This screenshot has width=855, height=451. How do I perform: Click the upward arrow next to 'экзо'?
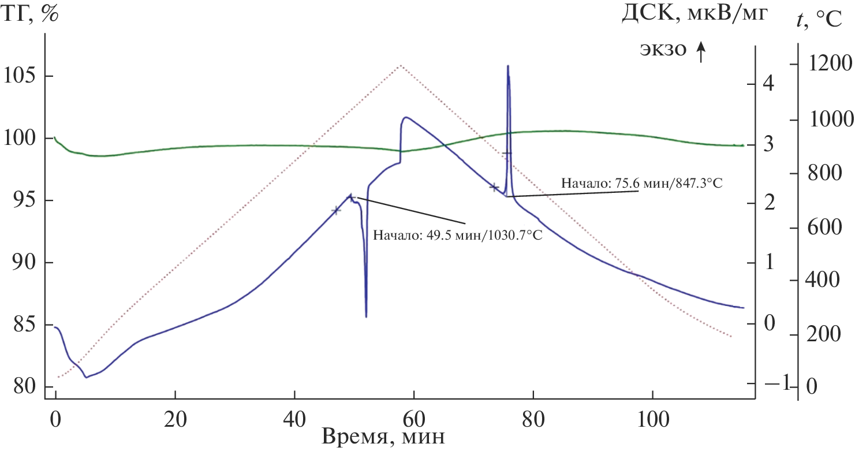click(x=701, y=53)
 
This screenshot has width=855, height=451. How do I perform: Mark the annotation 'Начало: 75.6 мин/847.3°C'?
click(x=641, y=184)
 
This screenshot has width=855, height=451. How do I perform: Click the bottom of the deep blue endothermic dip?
click(x=366, y=316)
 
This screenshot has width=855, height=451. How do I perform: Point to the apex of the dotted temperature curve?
click(x=401, y=66)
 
